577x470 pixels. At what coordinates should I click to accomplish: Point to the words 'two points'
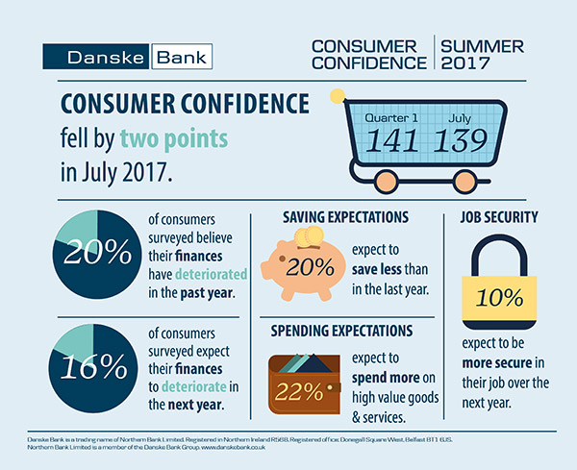click(x=174, y=139)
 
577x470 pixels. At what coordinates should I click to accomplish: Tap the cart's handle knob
click(x=337, y=96)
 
